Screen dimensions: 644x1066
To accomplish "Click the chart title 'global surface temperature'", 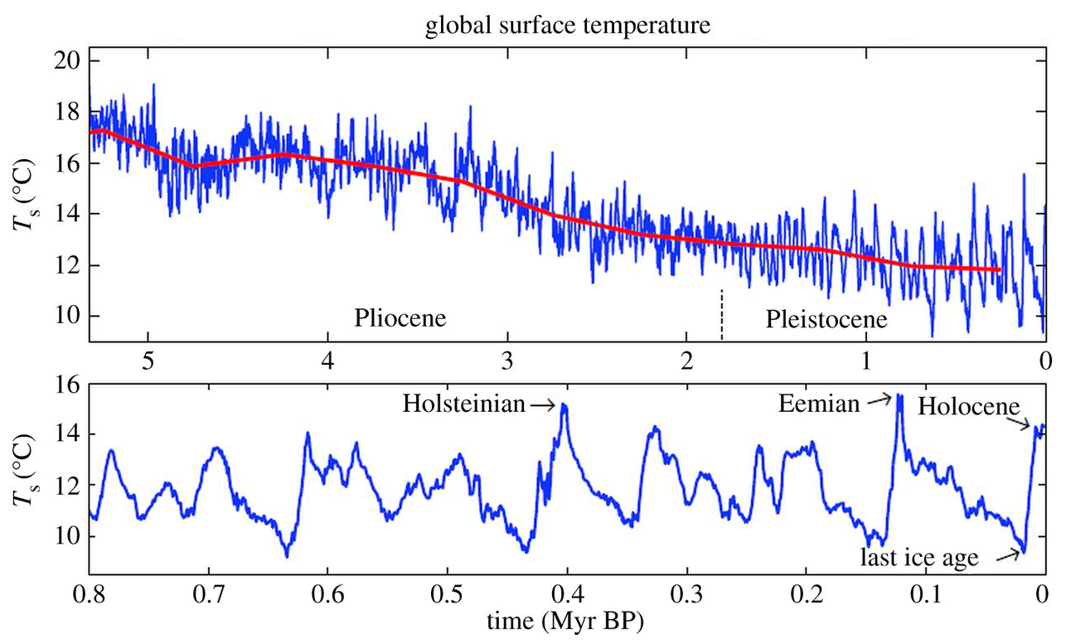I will tap(568, 27).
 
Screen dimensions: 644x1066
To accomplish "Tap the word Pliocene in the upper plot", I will tap(400, 319).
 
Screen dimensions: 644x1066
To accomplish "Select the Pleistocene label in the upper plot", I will tap(826, 319).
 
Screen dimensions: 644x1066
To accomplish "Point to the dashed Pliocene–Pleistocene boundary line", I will tap(722, 315).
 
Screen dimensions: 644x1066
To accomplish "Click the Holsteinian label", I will tap(464, 404).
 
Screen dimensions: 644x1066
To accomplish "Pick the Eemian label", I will tap(819, 404).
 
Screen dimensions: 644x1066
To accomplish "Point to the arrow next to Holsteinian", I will tap(544, 404).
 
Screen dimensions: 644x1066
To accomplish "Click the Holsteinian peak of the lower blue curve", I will tap(564, 405).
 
